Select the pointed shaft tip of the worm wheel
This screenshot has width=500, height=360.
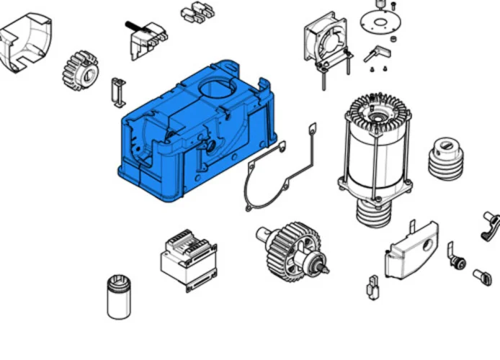324,270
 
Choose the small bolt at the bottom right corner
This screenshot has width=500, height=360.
482,276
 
